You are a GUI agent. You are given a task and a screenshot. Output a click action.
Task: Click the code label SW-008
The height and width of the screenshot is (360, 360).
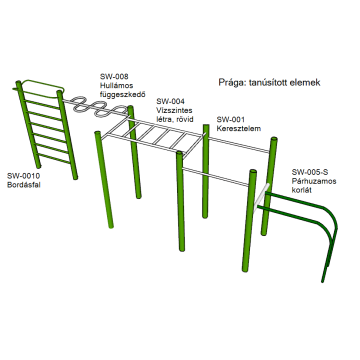click(114, 76)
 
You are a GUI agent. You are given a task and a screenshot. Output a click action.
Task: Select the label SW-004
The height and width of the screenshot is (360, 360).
click(171, 101)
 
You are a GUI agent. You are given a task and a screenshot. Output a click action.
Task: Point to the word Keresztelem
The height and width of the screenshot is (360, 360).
click(239, 128)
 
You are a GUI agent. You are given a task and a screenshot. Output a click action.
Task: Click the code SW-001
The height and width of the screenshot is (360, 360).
click(231, 119)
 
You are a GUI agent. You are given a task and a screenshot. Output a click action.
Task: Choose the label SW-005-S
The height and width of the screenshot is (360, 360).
click(310, 172)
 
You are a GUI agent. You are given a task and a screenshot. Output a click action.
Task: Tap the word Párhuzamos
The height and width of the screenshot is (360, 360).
click(314, 181)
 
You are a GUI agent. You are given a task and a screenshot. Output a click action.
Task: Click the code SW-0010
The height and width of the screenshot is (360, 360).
click(23, 176)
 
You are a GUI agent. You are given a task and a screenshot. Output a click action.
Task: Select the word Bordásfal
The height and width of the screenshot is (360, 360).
click(24, 185)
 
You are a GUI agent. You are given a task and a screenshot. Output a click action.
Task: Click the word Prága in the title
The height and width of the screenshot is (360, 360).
click(230, 83)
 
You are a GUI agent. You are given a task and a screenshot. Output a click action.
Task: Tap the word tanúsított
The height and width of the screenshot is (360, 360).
click(268, 82)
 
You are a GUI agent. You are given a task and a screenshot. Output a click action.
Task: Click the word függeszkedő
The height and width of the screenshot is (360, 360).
click(123, 95)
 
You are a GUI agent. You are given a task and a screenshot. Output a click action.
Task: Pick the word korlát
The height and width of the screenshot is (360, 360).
click(302, 191)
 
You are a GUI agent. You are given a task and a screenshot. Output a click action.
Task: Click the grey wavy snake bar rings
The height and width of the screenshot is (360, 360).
click(97, 106)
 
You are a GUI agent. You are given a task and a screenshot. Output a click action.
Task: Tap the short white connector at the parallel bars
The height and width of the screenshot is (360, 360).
click(261, 198)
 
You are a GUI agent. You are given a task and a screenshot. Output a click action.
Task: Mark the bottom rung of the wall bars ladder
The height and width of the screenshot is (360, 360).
click(54, 159)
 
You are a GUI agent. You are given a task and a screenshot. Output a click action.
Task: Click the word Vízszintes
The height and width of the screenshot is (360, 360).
click(174, 110)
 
